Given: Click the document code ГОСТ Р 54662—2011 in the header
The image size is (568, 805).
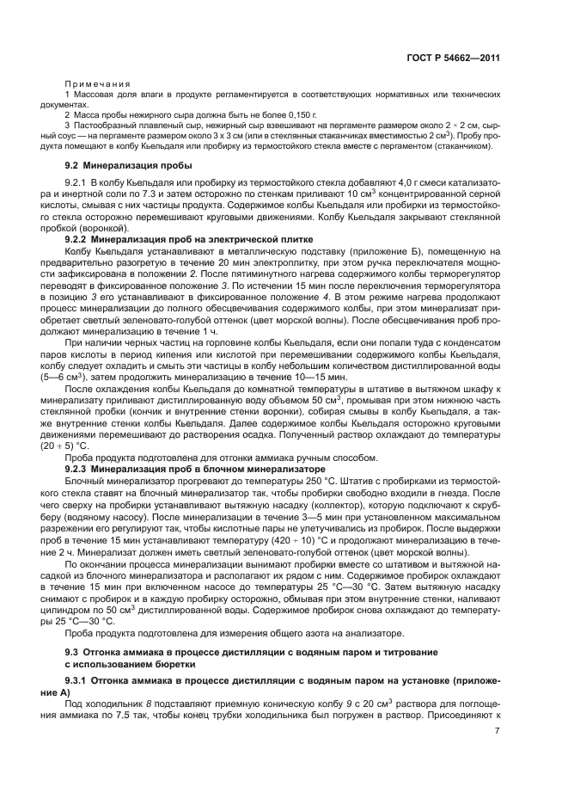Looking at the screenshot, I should (454, 58).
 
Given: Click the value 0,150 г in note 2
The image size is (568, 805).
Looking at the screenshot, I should (302, 114).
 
